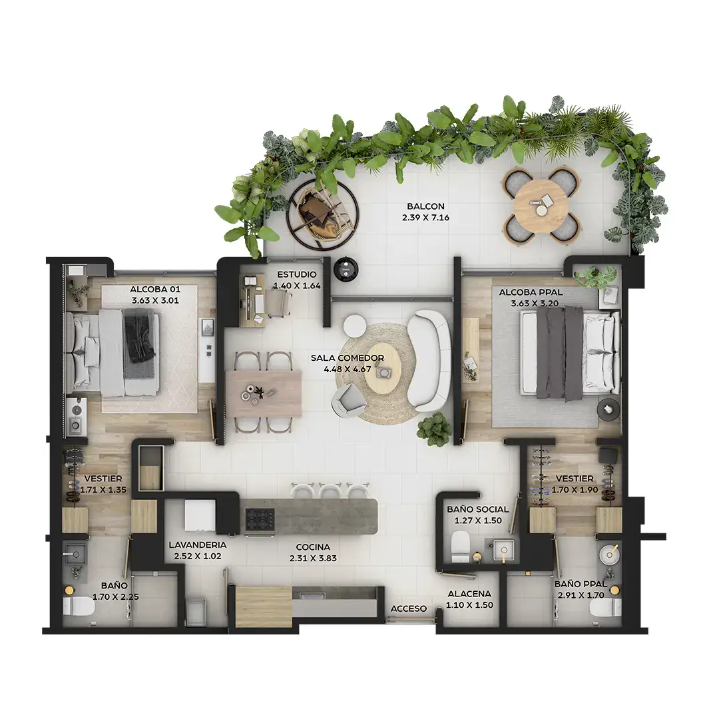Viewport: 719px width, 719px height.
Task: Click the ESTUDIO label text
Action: click(297, 274)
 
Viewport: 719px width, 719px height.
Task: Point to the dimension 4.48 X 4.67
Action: click(348, 369)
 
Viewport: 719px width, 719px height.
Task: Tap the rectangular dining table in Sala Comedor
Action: click(263, 393)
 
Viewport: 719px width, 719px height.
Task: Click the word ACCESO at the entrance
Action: click(409, 608)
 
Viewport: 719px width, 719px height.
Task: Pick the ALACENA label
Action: click(469, 593)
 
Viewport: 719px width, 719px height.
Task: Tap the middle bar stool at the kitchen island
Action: click(331, 491)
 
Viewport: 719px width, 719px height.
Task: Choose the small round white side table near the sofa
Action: click(355, 327)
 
